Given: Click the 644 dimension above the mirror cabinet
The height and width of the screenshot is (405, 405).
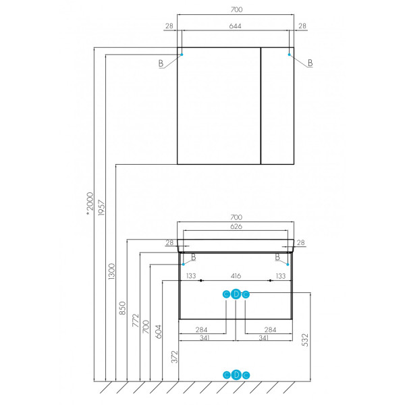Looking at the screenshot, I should pyautogui.click(x=236, y=26).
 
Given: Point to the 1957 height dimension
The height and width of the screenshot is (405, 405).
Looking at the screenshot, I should pyautogui.click(x=101, y=209).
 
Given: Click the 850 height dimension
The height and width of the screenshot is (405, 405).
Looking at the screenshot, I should pyautogui.click(x=123, y=307).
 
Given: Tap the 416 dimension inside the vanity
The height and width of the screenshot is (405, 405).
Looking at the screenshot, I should pyautogui.click(x=236, y=276).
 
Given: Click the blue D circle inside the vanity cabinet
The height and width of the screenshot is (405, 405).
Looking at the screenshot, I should pyautogui.click(x=236, y=294).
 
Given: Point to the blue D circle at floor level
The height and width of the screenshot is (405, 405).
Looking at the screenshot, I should pyautogui.click(x=236, y=375).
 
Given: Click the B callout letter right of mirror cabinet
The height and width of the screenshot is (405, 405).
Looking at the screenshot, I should pyautogui.click(x=310, y=63).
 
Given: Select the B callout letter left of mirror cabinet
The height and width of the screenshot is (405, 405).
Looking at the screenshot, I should pyautogui.click(x=161, y=63).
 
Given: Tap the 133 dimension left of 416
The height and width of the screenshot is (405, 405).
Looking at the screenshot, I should pyautogui.click(x=191, y=276).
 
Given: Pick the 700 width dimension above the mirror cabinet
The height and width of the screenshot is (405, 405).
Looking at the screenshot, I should pyautogui.click(x=236, y=9).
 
